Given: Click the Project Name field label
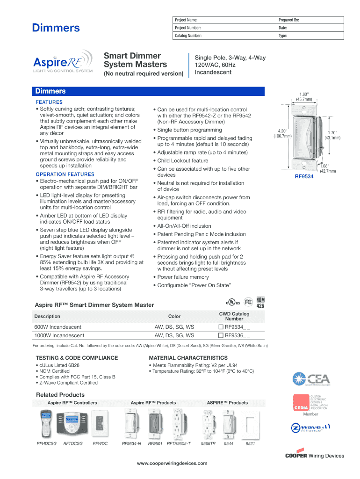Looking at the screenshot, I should click(x=186, y=21).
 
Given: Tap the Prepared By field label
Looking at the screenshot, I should click(x=288, y=21).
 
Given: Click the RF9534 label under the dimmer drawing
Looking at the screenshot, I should click(x=304, y=177).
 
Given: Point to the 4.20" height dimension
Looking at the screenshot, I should click(x=282, y=133).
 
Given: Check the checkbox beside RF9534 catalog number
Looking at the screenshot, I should click(x=222, y=327).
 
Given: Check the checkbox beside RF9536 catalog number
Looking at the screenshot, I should click(x=222, y=335).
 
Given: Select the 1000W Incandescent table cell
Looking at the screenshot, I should click(x=59, y=335).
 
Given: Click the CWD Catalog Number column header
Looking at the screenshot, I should click(x=234, y=316).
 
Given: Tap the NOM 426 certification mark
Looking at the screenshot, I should click(x=260, y=303).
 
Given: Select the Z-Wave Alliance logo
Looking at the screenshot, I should click(x=311, y=428).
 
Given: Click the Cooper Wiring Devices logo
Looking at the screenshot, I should click(x=314, y=456).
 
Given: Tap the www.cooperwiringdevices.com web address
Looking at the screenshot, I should click(x=172, y=463).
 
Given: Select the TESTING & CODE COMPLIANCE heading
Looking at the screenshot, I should click(x=77, y=358).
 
